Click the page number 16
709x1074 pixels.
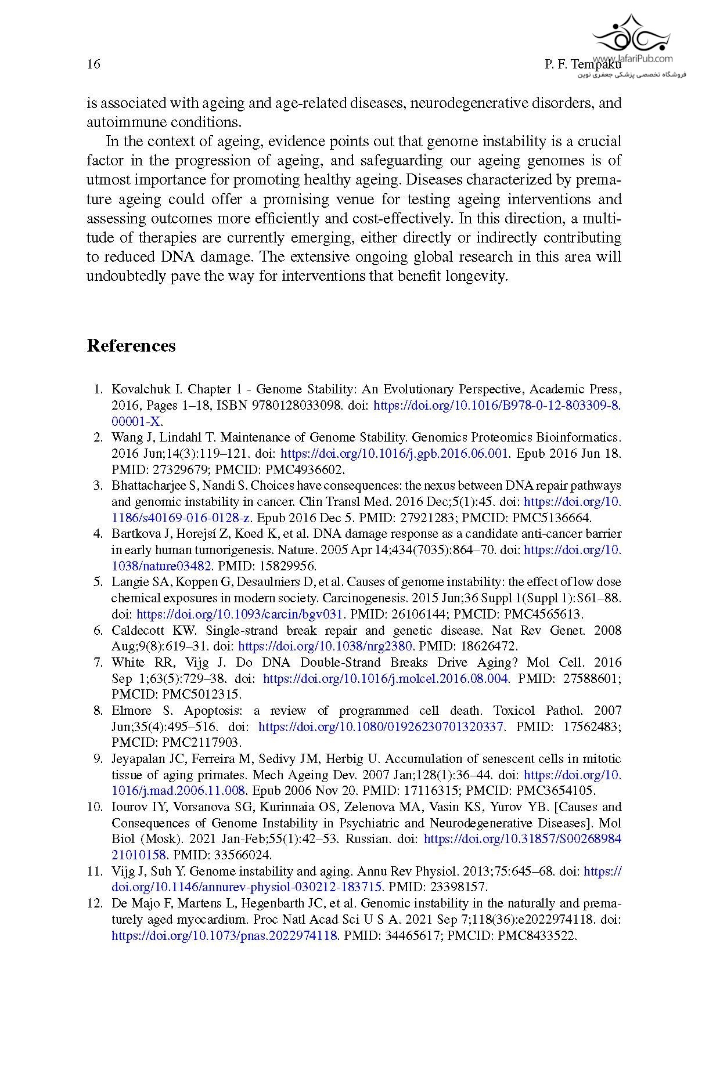click(93, 64)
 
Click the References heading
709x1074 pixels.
click(131, 346)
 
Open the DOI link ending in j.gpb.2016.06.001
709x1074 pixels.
click(395, 454)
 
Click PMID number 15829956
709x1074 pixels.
click(291, 566)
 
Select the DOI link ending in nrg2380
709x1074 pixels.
click(325, 646)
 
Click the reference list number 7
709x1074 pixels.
click(98, 663)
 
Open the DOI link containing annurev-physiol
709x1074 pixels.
click(247, 887)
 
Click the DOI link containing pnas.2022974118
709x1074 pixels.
click(225, 935)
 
